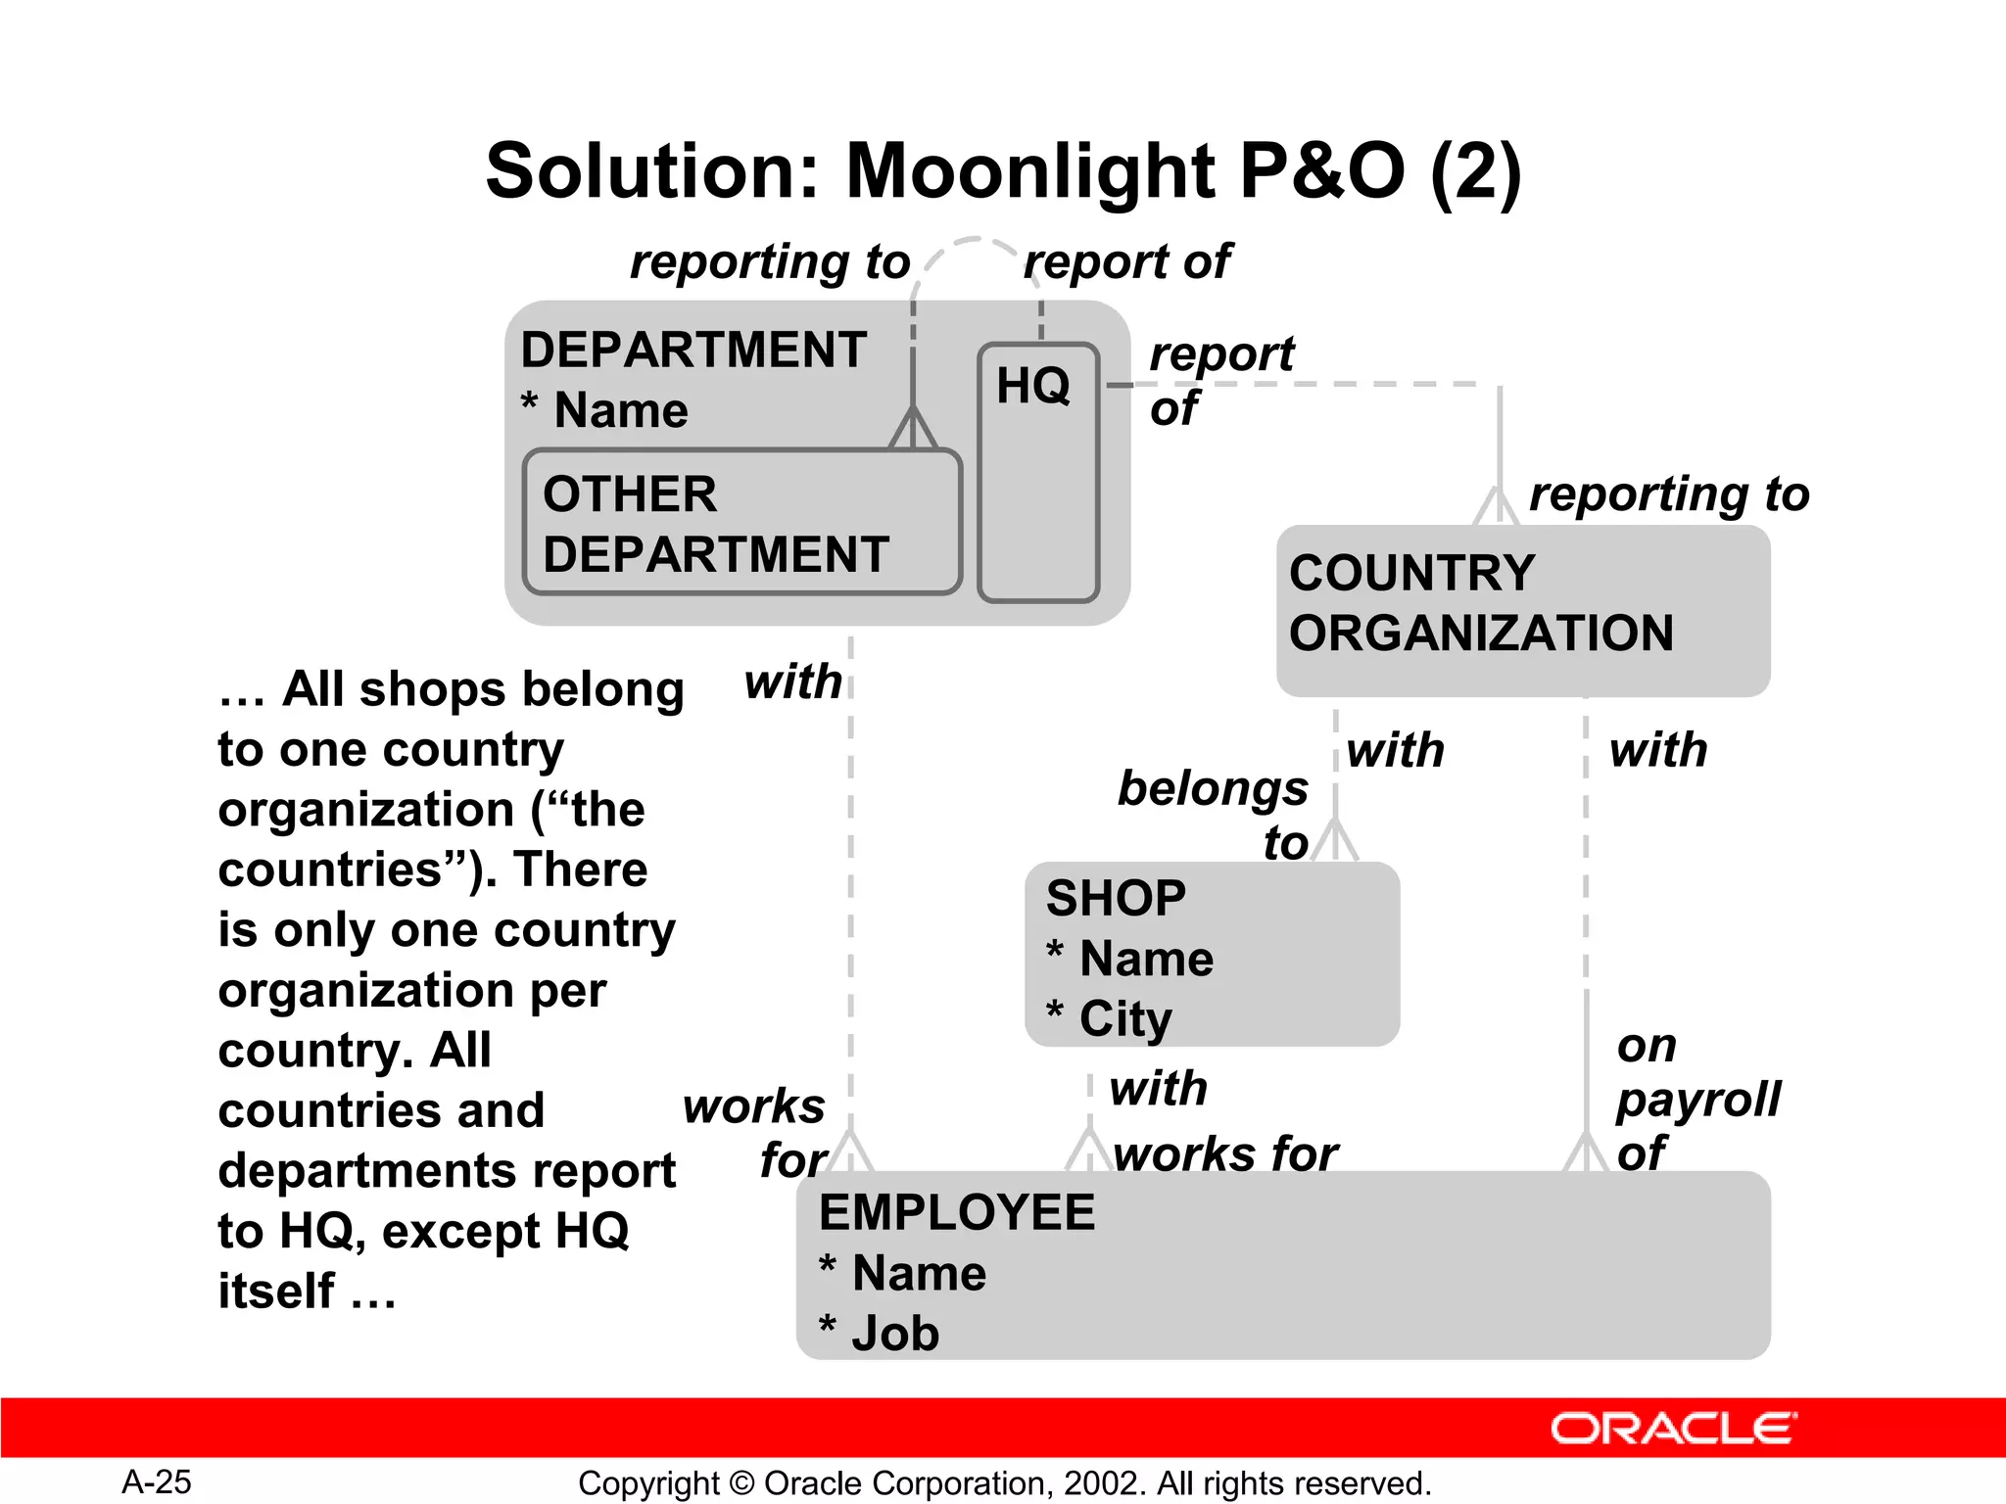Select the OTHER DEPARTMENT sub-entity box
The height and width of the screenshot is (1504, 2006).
(740, 523)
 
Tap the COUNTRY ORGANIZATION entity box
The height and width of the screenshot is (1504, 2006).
(1522, 610)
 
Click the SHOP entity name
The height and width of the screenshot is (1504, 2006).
(1116, 898)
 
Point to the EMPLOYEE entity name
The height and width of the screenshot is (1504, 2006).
(957, 1212)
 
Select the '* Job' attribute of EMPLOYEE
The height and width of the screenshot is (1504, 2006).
(880, 1333)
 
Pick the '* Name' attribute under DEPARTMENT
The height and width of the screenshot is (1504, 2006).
(604, 409)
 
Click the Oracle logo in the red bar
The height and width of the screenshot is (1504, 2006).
(1673, 1429)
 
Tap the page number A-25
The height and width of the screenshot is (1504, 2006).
(157, 1481)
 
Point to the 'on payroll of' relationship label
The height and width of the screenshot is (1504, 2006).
(1696, 1099)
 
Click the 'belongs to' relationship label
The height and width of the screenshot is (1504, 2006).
(1215, 813)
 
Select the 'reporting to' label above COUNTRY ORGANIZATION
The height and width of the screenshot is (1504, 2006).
(1668, 493)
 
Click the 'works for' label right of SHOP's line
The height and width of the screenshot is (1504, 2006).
(1225, 1153)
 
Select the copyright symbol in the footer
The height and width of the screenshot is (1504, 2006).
(741, 1482)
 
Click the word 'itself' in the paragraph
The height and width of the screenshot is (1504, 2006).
(276, 1291)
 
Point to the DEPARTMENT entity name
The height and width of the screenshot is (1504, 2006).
(693, 350)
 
